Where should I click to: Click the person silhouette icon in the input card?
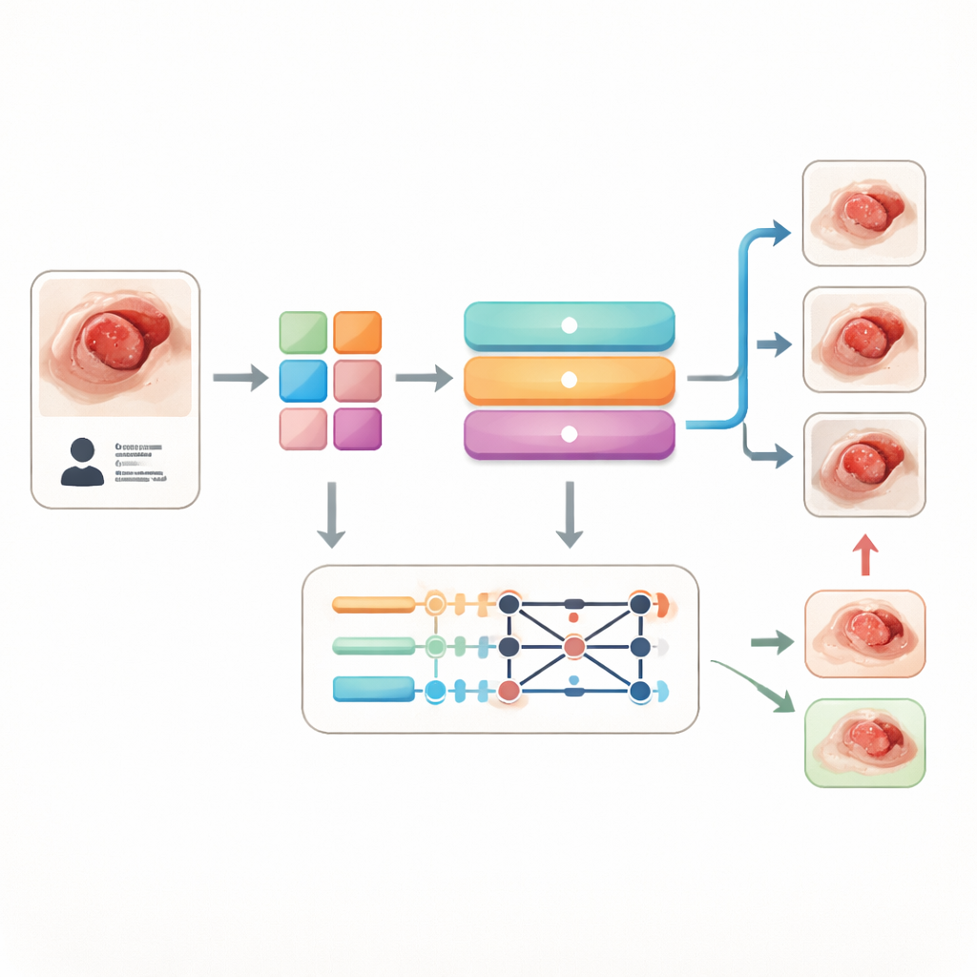pyautogui.click(x=82, y=463)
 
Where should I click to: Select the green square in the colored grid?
pyautogui.click(x=302, y=332)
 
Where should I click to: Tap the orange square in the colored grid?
pyautogui.click(x=358, y=332)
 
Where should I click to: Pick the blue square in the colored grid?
pyautogui.click(x=302, y=380)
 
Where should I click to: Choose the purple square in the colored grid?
pyautogui.click(x=358, y=428)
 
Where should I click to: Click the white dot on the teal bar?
pyautogui.click(x=569, y=325)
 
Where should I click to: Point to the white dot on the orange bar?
pyautogui.click(x=569, y=380)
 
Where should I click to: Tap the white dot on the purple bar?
pyautogui.click(x=569, y=434)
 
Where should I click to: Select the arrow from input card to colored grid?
pyautogui.click(x=239, y=378)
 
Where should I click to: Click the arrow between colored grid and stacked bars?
pyautogui.click(x=423, y=378)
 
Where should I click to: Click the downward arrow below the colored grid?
pyautogui.click(x=330, y=514)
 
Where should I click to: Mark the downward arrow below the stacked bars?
pyautogui.click(x=569, y=514)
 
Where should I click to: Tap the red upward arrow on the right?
pyautogui.click(x=864, y=554)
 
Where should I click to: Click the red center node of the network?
pyautogui.click(x=573, y=647)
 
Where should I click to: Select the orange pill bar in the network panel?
pyautogui.click(x=373, y=604)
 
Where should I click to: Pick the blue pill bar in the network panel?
pyautogui.click(x=373, y=688)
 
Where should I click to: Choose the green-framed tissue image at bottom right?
pyautogui.click(x=864, y=742)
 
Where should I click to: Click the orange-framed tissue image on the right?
pyautogui.click(x=864, y=634)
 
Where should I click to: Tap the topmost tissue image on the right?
pyautogui.click(x=864, y=213)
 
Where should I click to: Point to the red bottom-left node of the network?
pyautogui.click(x=509, y=689)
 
